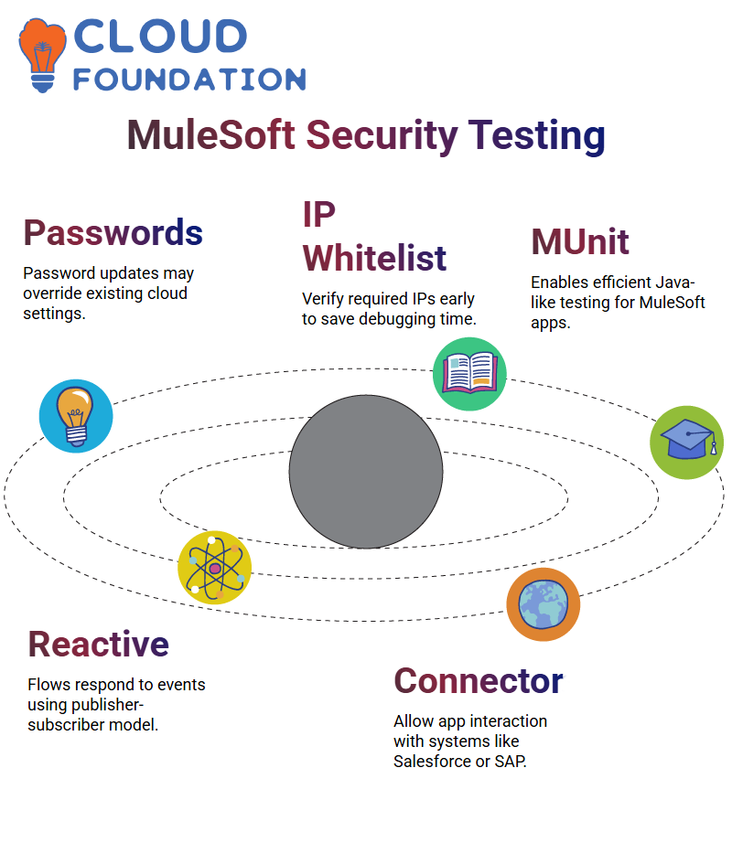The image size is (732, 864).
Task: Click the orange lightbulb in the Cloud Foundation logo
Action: (42, 55)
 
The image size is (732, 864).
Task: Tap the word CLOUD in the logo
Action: (160, 37)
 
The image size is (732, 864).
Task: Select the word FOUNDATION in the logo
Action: (189, 80)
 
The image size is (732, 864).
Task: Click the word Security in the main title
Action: (382, 135)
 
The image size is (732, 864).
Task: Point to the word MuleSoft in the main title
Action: (211, 135)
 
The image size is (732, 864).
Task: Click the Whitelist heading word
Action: (374, 258)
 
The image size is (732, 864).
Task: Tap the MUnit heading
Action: (580, 241)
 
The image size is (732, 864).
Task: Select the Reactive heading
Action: (99, 644)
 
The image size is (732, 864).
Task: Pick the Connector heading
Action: (479, 680)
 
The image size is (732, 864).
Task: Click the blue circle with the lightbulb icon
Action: (76, 416)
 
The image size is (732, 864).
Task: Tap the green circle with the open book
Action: (469, 374)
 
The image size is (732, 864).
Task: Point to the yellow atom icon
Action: (215, 568)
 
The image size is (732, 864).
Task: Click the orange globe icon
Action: (544, 604)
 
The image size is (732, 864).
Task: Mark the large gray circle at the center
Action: (366, 472)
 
